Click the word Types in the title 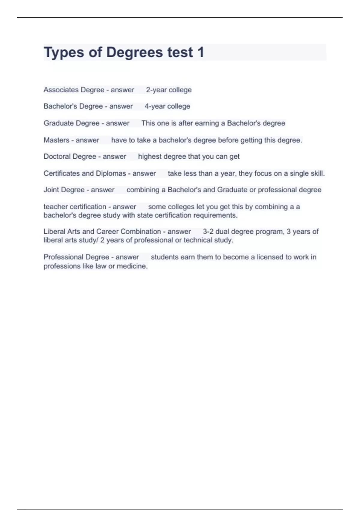[64, 52]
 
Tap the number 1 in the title [201, 52]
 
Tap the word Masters [56, 140]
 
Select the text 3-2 [208, 232]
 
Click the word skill [318, 173]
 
